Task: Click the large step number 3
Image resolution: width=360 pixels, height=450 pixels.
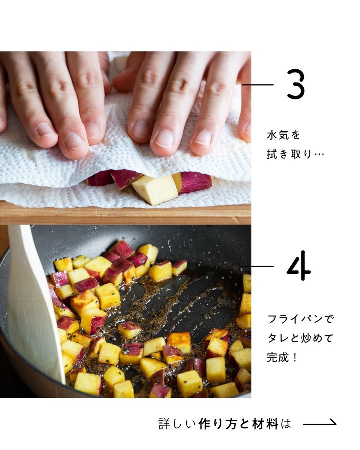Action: pos(296,84)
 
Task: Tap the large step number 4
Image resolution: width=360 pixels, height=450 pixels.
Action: pos(299,266)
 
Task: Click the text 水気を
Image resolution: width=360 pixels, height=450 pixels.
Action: pos(283,135)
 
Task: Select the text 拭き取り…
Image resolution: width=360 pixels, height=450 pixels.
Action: pos(295,154)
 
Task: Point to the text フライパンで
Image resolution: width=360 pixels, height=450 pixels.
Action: pos(300,319)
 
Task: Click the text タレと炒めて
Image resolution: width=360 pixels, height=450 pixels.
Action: pos(300,338)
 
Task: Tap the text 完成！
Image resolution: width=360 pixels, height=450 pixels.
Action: pos(282,358)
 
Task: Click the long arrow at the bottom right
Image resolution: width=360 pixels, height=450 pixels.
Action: pos(320,423)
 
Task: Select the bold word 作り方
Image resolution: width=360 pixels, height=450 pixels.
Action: pos(217,424)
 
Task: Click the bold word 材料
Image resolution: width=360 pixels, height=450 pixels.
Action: pos(265,424)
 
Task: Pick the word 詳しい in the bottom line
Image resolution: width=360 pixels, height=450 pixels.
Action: pos(177,424)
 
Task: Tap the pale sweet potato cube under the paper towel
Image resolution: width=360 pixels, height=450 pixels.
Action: pos(155,190)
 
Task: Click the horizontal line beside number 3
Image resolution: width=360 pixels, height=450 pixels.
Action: pos(258,85)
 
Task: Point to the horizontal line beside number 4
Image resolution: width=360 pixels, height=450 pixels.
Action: pos(258,266)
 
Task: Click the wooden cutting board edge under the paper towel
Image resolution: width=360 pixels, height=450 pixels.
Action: pos(125,214)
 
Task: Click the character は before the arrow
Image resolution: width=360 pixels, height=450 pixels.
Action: pos(286,424)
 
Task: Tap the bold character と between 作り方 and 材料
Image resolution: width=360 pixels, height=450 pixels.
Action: pos(244,424)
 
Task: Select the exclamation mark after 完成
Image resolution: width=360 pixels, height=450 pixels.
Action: pos(295,358)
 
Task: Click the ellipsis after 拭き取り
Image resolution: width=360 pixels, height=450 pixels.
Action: pos(319,155)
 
